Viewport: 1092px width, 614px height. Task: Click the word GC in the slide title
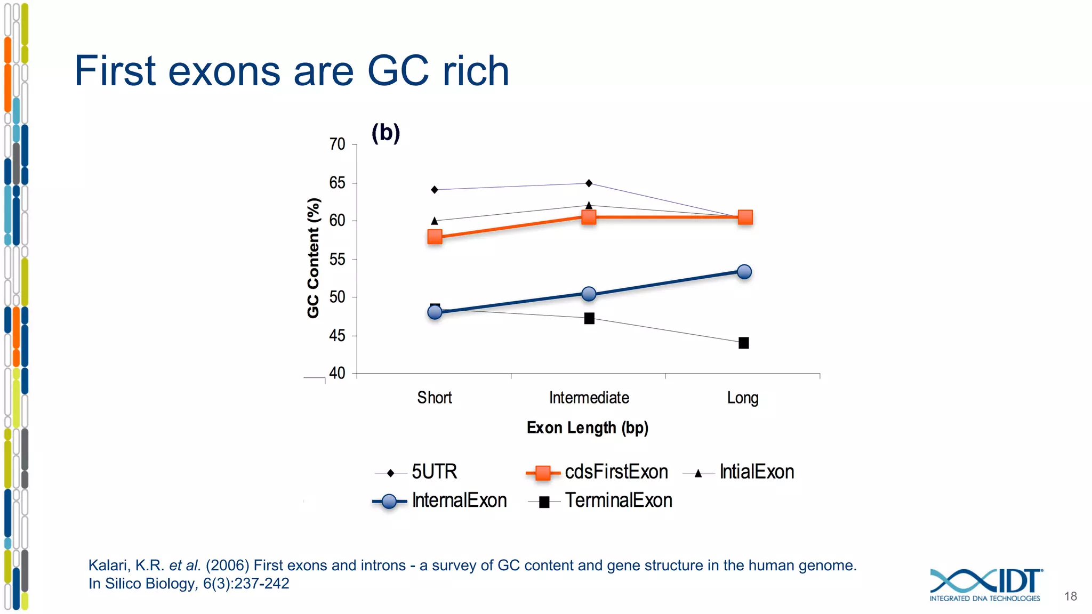click(398, 71)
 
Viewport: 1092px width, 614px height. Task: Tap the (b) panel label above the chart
click(386, 133)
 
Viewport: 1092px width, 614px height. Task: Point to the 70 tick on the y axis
click(337, 144)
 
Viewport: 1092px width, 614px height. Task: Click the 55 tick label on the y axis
click(337, 260)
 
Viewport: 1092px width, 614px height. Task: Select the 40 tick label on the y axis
click(337, 373)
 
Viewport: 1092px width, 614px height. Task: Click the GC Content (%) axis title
click(314, 258)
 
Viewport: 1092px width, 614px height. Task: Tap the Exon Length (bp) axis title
click(587, 428)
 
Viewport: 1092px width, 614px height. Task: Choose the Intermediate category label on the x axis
click(589, 398)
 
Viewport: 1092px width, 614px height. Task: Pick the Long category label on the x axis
click(742, 398)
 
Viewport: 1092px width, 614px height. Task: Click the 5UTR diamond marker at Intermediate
click(589, 183)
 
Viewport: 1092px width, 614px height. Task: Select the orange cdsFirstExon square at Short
click(435, 237)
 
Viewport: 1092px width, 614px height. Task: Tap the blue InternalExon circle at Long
click(744, 272)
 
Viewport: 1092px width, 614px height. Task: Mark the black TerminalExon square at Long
click(743, 343)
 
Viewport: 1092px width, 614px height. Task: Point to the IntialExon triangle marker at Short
click(435, 220)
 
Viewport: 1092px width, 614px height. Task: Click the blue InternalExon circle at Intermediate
click(589, 294)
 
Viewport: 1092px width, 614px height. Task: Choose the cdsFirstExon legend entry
click(615, 472)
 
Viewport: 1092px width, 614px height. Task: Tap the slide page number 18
click(1070, 596)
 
